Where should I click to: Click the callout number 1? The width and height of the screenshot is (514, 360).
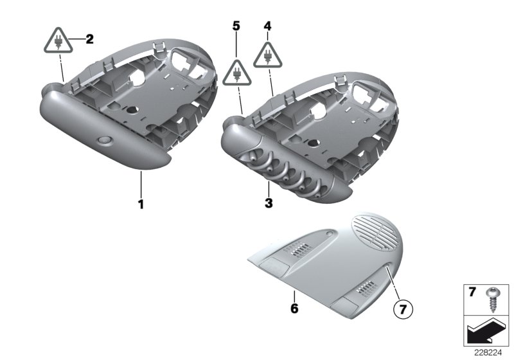(x=140, y=205)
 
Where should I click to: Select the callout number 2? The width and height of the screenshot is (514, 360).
(x=89, y=39)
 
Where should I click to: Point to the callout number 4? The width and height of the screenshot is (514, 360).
(x=268, y=27)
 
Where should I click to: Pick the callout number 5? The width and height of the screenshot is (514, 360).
(x=236, y=26)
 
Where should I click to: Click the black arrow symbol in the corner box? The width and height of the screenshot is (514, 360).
(x=484, y=333)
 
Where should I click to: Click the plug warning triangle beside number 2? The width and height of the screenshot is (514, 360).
(x=58, y=42)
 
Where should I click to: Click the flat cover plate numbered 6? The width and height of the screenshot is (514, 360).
(x=321, y=267)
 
